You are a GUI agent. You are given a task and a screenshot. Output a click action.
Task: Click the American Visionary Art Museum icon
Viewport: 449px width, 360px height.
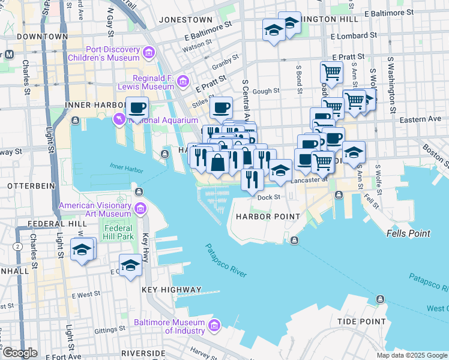click(140, 209)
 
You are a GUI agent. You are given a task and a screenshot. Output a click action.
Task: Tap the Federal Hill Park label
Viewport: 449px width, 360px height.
click(118, 233)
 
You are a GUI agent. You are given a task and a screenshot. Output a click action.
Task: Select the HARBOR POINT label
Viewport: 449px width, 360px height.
click(267, 216)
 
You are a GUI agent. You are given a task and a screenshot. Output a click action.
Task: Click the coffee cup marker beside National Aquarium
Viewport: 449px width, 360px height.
click(137, 109)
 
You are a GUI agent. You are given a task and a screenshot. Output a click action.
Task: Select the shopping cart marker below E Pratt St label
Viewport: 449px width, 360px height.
click(331, 72)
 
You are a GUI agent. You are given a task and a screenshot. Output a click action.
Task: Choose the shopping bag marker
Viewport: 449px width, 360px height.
click(217, 162)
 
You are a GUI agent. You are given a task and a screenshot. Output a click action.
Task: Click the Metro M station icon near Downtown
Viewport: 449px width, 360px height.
click(8, 55)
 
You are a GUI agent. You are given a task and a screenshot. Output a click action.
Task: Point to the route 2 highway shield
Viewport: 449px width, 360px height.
click(18, 247)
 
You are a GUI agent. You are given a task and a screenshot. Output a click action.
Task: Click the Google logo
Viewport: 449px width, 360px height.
click(20, 353)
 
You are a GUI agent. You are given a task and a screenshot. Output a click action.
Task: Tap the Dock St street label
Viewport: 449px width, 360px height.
click(269, 197)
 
